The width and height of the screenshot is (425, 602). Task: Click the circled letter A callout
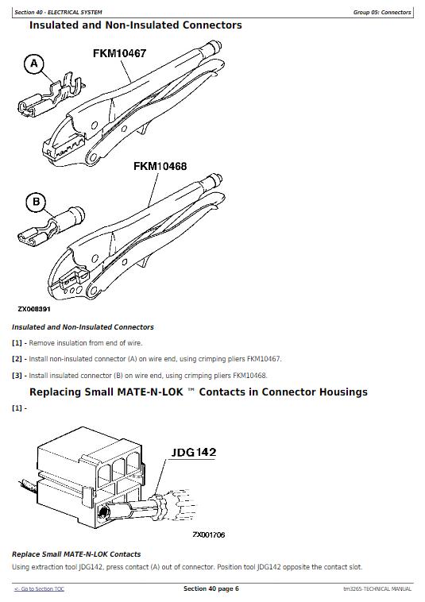(34, 64)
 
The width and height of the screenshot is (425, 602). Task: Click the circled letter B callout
(36, 202)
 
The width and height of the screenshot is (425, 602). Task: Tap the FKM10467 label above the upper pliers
(119, 53)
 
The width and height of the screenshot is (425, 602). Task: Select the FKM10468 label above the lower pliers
(160, 166)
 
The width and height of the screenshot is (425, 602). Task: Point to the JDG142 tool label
(194, 452)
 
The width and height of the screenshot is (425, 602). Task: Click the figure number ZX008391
(34, 309)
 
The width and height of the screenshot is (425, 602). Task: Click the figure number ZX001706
(208, 534)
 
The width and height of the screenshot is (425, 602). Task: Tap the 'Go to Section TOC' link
(39, 589)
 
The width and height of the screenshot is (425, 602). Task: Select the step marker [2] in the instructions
(17, 359)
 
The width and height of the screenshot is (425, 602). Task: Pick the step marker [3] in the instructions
(17, 376)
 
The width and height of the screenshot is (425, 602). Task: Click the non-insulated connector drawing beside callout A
(50, 96)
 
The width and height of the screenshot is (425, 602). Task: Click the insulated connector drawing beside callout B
(50, 227)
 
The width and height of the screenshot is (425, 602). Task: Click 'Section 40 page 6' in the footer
(211, 588)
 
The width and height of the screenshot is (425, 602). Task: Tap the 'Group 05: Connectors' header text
(382, 12)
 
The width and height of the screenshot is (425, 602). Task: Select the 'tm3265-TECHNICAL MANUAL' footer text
(377, 589)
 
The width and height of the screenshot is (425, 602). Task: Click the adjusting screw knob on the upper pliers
(214, 47)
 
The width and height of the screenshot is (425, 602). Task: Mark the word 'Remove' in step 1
(41, 343)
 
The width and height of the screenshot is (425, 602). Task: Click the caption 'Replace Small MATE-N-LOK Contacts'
(76, 554)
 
